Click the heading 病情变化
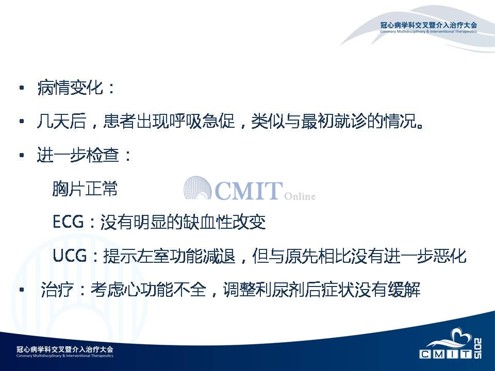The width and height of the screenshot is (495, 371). [x=70, y=88]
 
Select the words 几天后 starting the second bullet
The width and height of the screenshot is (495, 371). [x=61, y=121]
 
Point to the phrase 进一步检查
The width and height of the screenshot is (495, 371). [x=78, y=155]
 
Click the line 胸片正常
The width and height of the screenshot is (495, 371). [x=85, y=189]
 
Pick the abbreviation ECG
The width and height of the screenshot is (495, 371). [x=68, y=222]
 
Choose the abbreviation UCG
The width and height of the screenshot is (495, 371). [x=70, y=256]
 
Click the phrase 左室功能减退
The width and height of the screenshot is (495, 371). [x=186, y=256]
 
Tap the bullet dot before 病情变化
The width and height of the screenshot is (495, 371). [x=22, y=88]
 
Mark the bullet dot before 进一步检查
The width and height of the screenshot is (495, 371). [x=22, y=155]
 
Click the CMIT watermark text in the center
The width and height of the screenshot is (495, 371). [x=249, y=190]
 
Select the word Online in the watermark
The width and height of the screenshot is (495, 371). [x=300, y=196]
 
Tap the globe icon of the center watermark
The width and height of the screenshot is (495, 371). [x=197, y=188]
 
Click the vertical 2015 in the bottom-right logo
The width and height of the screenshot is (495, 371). [x=477, y=349]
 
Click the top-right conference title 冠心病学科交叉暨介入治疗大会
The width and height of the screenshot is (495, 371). [x=428, y=25]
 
